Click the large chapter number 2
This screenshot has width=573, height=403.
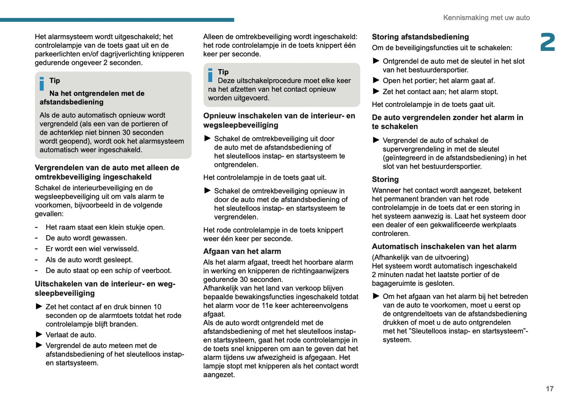pyautogui.click(x=548, y=42)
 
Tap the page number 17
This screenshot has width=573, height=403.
pyautogui.click(x=550, y=389)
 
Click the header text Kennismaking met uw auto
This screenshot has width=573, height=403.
pyautogui.click(x=486, y=18)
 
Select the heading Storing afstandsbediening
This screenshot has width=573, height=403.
pyautogui.click(x=420, y=37)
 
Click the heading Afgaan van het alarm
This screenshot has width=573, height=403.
pyautogui.click(x=242, y=251)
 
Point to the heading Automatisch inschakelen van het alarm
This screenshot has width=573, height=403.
pyautogui.click(x=444, y=247)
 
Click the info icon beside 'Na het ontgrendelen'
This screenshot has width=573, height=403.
pyautogui.click(x=42, y=84)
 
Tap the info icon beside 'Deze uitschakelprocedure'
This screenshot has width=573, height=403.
pyautogui.click(x=210, y=75)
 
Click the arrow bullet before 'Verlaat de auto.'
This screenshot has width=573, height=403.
pyautogui.click(x=39, y=335)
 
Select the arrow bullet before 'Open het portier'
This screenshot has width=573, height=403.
pyautogui.click(x=376, y=80)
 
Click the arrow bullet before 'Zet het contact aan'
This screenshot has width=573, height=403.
pyautogui.click(x=376, y=91)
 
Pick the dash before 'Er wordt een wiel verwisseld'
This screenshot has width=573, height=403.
pyautogui.click(x=36, y=249)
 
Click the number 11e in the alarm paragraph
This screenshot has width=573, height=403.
pyautogui.click(x=266, y=305)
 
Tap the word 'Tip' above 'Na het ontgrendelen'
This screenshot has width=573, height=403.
pyautogui.click(x=55, y=81)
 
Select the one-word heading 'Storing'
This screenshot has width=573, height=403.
pyautogui.click(x=385, y=179)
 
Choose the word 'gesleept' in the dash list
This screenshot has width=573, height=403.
pyautogui.click(x=118, y=260)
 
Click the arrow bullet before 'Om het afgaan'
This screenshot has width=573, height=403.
pyautogui.click(x=376, y=296)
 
